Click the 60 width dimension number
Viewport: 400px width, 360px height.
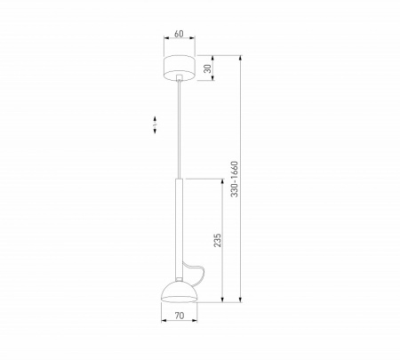point(180,35)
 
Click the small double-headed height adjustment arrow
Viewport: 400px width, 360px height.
point(156,124)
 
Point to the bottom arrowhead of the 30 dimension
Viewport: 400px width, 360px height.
point(213,78)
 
